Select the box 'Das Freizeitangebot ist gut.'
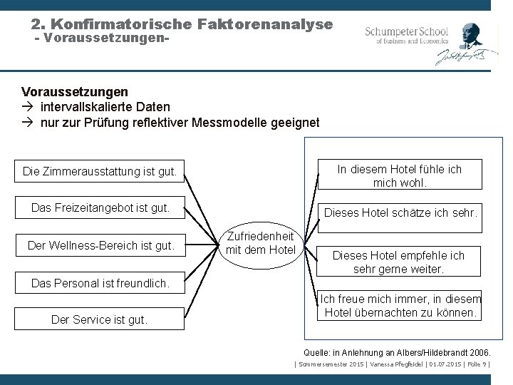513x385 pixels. [x=100, y=208]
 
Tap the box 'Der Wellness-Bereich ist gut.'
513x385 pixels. [x=100, y=246]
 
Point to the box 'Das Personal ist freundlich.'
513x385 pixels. [x=100, y=283]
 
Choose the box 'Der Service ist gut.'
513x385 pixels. [x=100, y=319]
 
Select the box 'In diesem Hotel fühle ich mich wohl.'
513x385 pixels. [x=400, y=175]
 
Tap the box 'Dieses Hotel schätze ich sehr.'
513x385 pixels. [x=400, y=212]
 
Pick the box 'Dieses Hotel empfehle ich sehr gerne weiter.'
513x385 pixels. [x=399, y=262]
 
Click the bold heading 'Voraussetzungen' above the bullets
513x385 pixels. [x=75, y=92]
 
